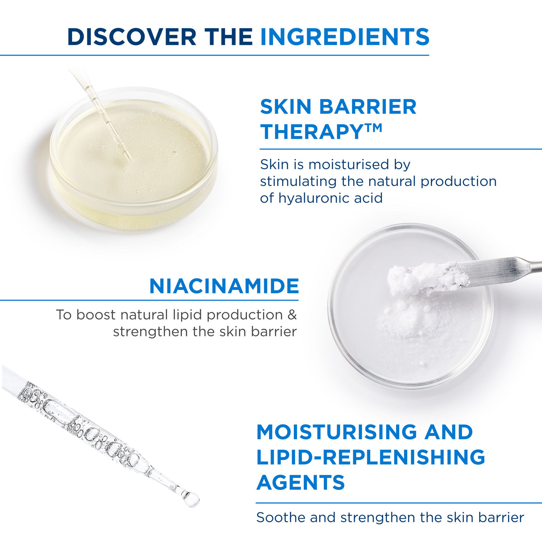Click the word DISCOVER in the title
click(132, 37)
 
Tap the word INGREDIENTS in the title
click(345, 37)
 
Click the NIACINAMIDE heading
click(224, 286)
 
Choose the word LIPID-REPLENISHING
click(371, 457)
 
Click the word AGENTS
click(301, 482)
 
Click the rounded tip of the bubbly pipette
click(191, 499)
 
